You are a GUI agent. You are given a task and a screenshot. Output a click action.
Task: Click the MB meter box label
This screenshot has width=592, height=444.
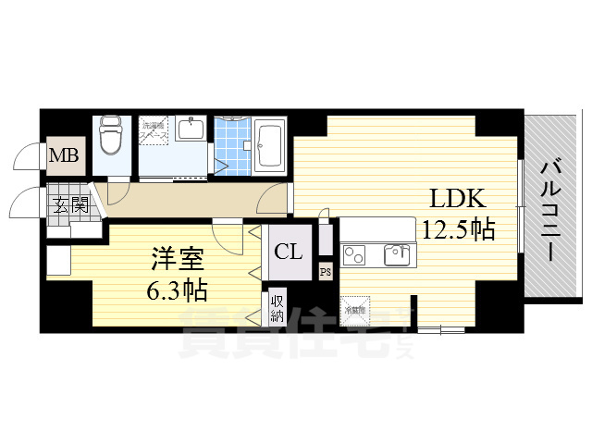pyautogui.click(x=64, y=156)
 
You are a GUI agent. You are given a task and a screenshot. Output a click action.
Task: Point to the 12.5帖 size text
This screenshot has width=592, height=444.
pyautogui.click(x=457, y=228)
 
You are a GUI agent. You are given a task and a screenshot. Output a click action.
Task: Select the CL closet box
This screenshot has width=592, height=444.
pyautogui.click(x=288, y=252)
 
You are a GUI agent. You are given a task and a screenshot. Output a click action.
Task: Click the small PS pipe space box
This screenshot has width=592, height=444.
pyautogui.click(x=325, y=271)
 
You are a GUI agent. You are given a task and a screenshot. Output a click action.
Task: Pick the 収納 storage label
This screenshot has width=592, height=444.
pyautogui.click(x=277, y=306)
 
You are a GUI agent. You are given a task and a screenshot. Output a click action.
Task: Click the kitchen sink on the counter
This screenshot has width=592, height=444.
pyautogui.click(x=396, y=253)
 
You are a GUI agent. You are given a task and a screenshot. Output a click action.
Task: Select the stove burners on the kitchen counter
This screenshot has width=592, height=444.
pyautogui.click(x=356, y=253)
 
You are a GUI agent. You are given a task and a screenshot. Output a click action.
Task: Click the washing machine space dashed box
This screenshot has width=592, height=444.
pyautogui.click(x=154, y=131)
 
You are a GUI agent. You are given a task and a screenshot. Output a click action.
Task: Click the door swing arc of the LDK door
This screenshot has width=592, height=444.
pyautogui.click(x=275, y=196)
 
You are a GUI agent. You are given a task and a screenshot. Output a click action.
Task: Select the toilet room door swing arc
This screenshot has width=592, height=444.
pyautogui.click(x=118, y=192)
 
